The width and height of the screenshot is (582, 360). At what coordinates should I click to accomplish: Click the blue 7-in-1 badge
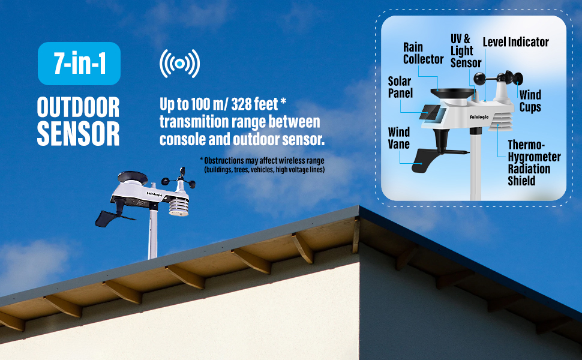tap(79, 64)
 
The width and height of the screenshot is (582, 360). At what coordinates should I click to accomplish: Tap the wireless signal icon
tap(179, 64)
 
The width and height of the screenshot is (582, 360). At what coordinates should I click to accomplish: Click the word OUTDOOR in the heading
tap(79, 107)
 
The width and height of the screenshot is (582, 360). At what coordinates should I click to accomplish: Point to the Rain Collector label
tap(423, 53)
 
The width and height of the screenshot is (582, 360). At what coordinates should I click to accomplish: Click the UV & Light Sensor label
tap(466, 51)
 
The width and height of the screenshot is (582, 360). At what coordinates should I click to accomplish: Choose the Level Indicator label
tap(515, 42)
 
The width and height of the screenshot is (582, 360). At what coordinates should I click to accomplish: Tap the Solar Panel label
tap(400, 87)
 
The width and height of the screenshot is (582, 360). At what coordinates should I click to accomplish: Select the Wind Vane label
tap(399, 138)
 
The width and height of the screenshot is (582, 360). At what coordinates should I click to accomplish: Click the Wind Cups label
tap(530, 101)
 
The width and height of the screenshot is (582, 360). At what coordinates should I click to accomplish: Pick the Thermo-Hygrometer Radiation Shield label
tap(534, 163)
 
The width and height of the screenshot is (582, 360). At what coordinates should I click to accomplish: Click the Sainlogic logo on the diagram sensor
tap(479, 117)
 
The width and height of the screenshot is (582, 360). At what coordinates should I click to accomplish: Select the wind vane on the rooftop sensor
tap(107, 218)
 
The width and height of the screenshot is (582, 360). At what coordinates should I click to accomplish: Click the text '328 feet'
tap(254, 104)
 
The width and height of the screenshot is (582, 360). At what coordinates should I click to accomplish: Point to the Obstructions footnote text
tap(262, 165)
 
